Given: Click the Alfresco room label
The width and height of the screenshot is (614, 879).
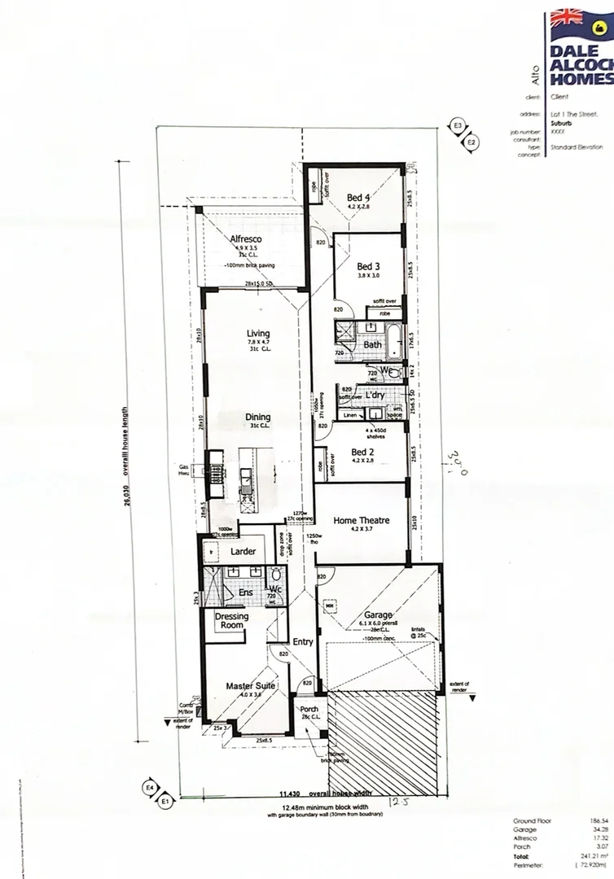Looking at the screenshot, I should click(245, 238).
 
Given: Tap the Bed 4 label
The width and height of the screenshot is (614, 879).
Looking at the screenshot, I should click(358, 197).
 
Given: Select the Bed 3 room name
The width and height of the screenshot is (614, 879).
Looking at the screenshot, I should click(368, 266).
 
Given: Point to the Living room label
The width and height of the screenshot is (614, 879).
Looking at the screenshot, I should click(258, 333).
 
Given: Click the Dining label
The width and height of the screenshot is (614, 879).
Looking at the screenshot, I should click(258, 418).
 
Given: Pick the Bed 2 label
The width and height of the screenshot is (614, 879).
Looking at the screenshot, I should click(362, 452).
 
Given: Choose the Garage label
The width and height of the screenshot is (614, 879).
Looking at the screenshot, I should click(379, 615).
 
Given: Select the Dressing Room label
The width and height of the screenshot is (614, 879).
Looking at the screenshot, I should click(231, 621).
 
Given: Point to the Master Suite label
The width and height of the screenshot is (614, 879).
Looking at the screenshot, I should click(251, 686).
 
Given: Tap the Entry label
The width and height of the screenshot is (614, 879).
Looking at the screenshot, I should click(303, 642).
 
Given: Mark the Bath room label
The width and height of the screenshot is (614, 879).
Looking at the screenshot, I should click(372, 345).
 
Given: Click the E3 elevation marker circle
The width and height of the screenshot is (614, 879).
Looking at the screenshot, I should click(458, 126).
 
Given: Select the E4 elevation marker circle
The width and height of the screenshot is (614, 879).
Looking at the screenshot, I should click(150, 789).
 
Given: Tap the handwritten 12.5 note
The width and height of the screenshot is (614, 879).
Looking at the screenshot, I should click(395, 803).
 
